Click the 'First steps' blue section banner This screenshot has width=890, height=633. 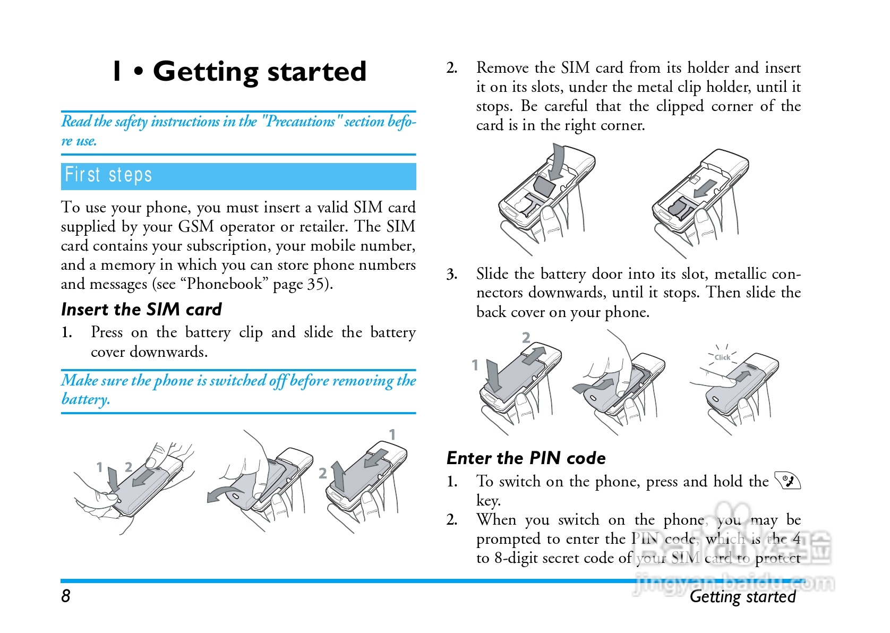click(x=238, y=176)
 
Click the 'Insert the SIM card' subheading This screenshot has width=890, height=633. click(x=141, y=309)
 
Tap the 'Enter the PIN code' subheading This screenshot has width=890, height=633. click(x=526, y=458)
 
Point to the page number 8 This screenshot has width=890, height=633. click(x=66, y=596)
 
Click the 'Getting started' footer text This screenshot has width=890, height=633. click(x=742, y=596)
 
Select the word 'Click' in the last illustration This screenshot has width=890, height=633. click(x=722, y=357)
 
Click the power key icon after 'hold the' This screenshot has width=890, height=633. click(x=788, y=481)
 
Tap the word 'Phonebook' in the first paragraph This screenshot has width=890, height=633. click(x=224, y=284)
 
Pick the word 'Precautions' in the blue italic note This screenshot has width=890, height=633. click(x=300, y=122)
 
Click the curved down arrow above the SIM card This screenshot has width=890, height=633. click(x=557, y=162)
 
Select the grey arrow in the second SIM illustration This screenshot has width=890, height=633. click(x=705, y=188)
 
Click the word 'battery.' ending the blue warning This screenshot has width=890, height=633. click(x=85, y=399)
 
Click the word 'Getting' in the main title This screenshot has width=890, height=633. click(x=206, y=72)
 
